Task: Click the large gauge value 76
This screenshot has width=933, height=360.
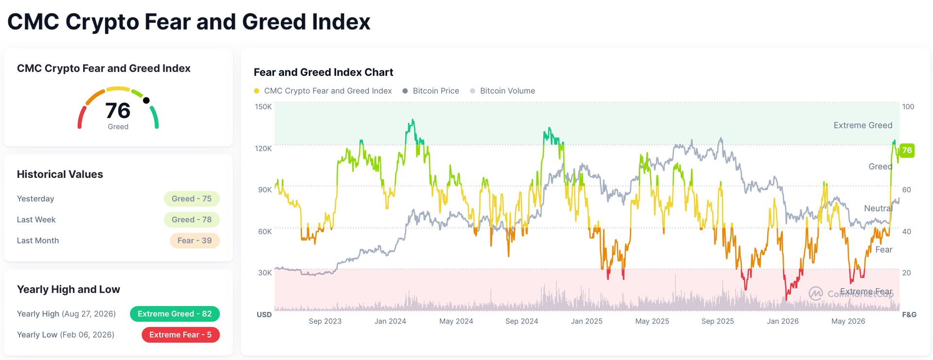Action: pos(118,111)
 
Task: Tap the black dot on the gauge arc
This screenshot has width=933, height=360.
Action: pos(146,101)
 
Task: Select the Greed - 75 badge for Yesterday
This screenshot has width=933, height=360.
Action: pos(191,199)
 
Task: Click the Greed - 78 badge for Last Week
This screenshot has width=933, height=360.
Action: pos(191,220)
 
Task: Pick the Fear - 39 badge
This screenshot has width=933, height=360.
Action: pos(194,240)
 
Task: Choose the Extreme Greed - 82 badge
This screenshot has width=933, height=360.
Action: pos(175,314)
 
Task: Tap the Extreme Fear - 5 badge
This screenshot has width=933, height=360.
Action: pos(180,335)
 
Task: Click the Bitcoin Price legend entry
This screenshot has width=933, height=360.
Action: pos(431,91)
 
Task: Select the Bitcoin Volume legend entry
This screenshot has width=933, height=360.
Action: pos(502,91)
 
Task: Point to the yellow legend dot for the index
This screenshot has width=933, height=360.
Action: pos(257,91)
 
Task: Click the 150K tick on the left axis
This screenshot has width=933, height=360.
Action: pos(263,106)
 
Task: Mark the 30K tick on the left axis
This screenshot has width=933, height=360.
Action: pos(265,273)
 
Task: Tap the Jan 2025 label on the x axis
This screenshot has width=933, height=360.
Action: pos(587,321)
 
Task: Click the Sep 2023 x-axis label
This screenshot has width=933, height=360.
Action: pos(325,321)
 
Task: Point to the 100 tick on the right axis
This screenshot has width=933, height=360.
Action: pos(908,106)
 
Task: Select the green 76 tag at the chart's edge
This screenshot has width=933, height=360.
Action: pos(907,150)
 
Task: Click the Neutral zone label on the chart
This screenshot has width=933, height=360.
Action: pos(878,208)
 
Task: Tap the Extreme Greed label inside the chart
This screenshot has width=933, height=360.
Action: pos(863,125)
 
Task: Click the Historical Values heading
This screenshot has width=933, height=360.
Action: pos(60,174)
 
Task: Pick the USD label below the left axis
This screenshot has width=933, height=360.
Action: pos(264,315)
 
